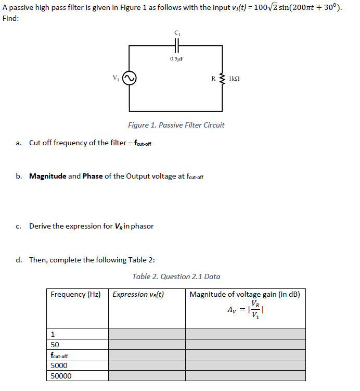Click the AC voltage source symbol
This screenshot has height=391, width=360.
tap(130, 79)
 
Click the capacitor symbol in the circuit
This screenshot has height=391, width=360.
tap(176, 46)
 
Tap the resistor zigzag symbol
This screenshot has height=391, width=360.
tap(223, 79)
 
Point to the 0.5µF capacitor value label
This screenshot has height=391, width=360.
tap(176, 59)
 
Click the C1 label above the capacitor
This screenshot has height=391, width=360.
tap(176, 33)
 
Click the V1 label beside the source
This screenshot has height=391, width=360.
tap(116, 78)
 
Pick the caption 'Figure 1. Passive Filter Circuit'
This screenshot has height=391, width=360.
tap(176, 125)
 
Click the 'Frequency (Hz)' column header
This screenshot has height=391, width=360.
tap(75, 295)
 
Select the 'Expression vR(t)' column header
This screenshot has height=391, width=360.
tap(138, 295)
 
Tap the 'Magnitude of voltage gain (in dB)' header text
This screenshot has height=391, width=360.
tap(245, 295)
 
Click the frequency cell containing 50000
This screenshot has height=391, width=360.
tap(61, 376)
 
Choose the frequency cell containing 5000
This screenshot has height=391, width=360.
tap(59, 365)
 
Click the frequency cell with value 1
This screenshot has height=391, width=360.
tap(53, 334)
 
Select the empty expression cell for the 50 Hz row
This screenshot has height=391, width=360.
tap(147, 345)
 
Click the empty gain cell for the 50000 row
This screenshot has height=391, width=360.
tap(245, 376)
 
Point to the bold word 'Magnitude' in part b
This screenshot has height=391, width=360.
tap(47, 176)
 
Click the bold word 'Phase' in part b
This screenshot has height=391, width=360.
tap(93, 176)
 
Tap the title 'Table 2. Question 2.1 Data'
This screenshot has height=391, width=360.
tap(176, 276)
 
